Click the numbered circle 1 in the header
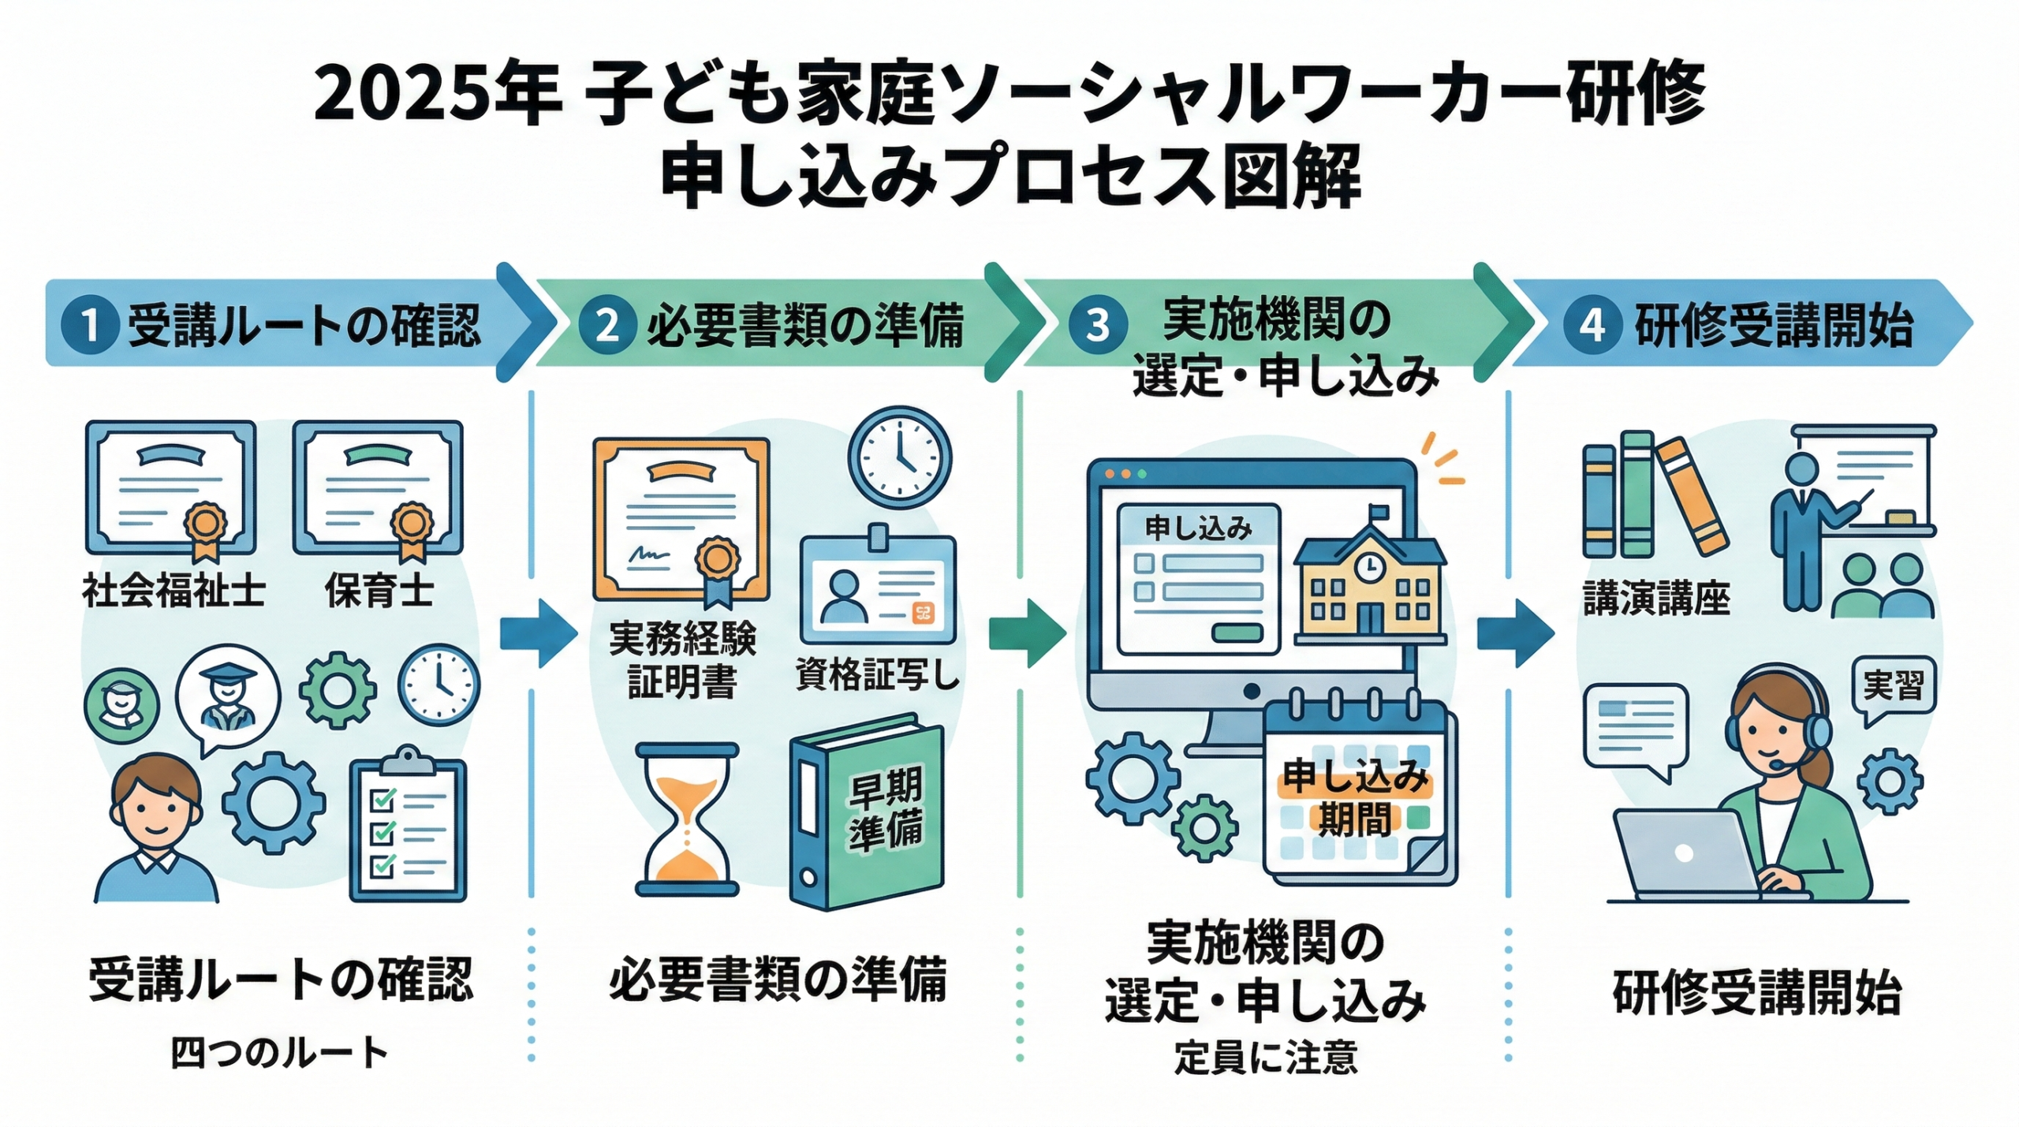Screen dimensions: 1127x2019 pos(90,325)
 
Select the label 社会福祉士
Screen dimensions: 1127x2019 pos(173,591)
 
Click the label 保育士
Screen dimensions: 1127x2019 pos(379,591)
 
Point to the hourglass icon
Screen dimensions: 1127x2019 pos(687,819)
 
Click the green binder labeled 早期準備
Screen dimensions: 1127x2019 pos(868,812)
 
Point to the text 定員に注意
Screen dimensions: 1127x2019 pos(1266,1058)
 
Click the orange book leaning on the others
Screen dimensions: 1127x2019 pos(1692,497)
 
